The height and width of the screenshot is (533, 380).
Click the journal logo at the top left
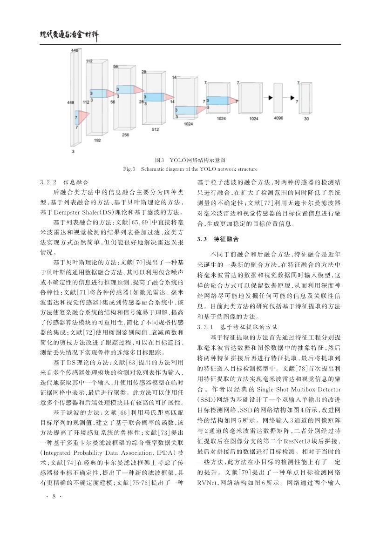tap(69, 34)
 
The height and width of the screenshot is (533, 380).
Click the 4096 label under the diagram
tap(278, 119)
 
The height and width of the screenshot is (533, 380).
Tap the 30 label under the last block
tap(306, 119)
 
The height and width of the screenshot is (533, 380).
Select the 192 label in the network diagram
tap(97, 140)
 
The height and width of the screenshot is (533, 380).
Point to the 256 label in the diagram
tap(125, 135)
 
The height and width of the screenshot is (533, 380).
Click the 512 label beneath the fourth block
tap(155, 129)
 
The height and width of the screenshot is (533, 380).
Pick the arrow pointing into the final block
tap(292, 98)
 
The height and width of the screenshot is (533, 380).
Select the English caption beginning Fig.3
tap(190, 169)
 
